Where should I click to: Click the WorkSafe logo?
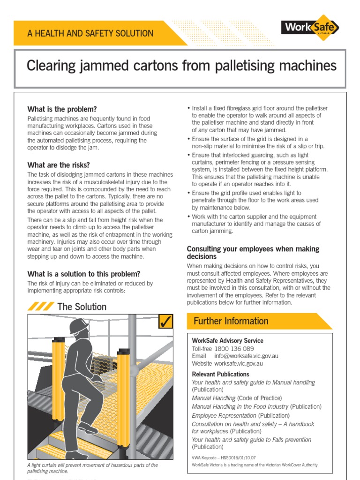tap(310, 28)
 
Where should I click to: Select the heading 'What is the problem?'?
tap(62, 109)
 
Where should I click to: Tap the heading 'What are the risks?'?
tap(59, 165)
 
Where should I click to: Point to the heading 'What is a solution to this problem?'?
tap(83, 274)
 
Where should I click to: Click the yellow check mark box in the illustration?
tap(166, 322)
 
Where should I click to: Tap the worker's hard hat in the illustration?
tap(78, 326)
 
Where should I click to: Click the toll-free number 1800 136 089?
tap(234, 349)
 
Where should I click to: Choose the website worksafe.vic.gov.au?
tap(239, 363)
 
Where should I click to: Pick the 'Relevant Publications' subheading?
tap(220, 374)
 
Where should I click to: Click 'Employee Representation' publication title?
tap(224, 415)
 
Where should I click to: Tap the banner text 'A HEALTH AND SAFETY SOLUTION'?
tap(90, 33)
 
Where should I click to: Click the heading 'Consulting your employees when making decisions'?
tap(253, 253)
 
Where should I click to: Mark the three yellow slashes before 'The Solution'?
tap(40, 307)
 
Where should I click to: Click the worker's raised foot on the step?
tap(88, 428)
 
